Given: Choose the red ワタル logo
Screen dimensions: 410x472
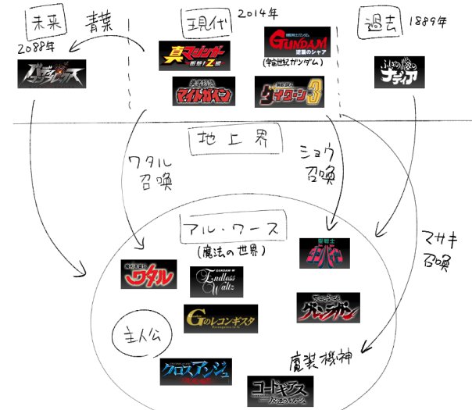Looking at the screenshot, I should (x=149, y=274).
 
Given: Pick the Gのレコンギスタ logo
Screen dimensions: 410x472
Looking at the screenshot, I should (x=220, y=318).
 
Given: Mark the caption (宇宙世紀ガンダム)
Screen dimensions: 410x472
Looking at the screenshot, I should (x=295, y=63).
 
